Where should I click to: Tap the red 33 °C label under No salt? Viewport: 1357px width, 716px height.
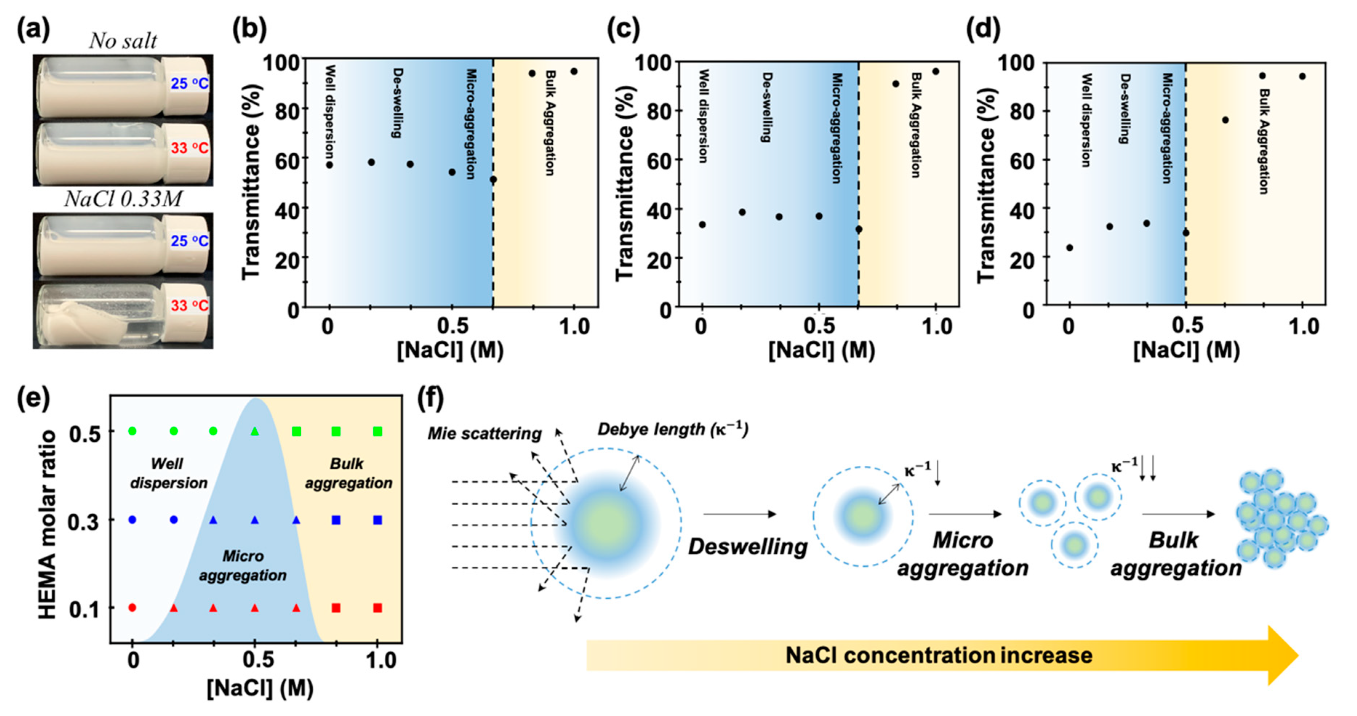(189, 148)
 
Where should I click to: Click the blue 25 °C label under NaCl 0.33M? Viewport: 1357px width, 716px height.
(189, 241)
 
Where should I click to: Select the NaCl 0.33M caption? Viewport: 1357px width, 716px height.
(123, 199)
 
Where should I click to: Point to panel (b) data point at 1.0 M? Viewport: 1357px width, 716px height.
(574, 71)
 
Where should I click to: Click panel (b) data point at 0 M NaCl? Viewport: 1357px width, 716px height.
(329, 165)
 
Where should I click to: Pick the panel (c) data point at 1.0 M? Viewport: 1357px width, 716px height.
(936, 71)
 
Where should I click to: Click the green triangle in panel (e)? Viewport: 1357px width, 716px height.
(255, 432)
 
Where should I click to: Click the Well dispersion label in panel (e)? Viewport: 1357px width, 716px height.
(169, 473)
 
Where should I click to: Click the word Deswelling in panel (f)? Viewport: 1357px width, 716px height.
(748, 546)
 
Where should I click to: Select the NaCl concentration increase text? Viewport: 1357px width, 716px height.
(939, 655)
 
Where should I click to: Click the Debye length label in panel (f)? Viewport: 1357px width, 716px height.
(673, 430)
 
